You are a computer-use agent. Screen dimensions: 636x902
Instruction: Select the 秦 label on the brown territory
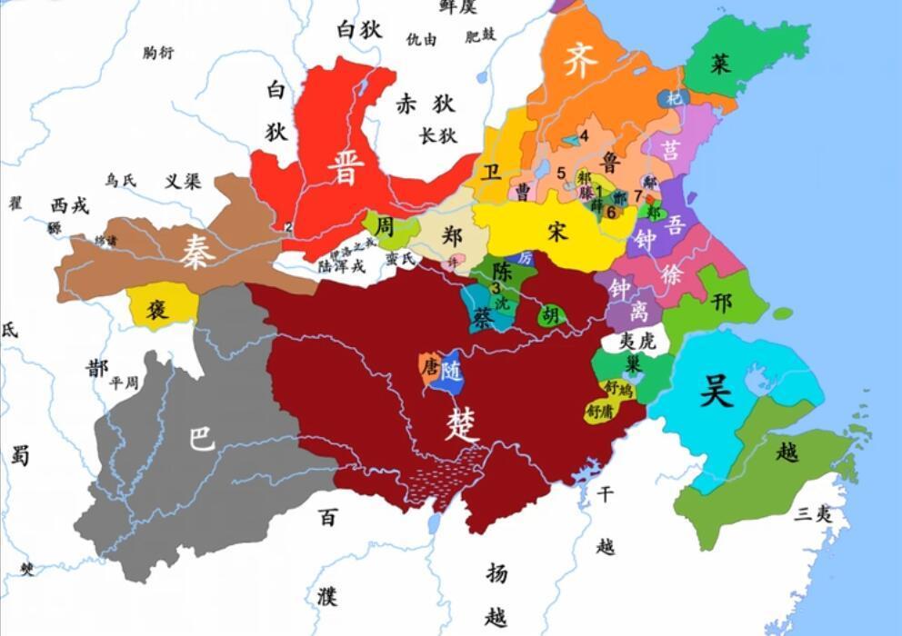pos(195,250)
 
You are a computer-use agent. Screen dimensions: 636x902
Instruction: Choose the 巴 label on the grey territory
pos(201,439)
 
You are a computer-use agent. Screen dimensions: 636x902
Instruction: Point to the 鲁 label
pos(611,163)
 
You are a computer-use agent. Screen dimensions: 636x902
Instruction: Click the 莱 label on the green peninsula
pos(720,64)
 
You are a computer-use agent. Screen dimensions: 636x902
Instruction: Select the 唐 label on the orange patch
pos(429,365)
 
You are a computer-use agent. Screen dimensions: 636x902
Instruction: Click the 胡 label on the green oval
pos(549,315)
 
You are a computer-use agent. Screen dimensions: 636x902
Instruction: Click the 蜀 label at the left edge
pos(19,454)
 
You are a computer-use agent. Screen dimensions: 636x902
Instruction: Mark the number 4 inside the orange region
pos(584,135)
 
